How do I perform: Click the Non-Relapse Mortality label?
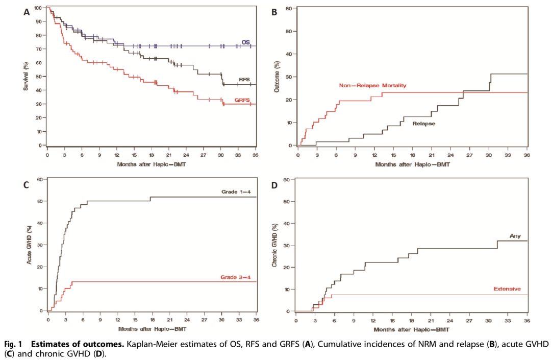point(372,86)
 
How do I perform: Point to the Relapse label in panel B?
point(423,124)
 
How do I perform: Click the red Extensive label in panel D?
point(507,289)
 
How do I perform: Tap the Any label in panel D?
point(514,235)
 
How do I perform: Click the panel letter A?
point(27,13)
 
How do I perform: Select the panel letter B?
point(274,13)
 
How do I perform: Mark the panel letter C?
point(27,185)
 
